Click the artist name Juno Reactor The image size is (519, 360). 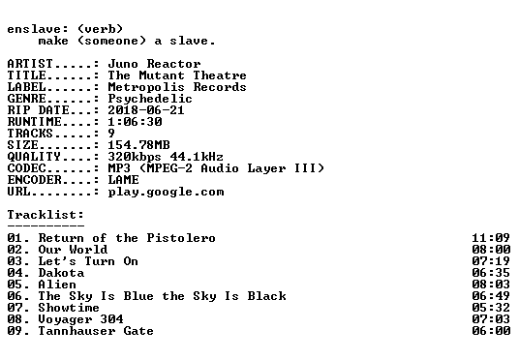154,64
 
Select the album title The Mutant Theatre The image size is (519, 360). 177,75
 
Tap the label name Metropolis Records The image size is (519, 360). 177,87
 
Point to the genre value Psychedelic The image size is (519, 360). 150,99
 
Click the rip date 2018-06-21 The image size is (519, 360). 146,110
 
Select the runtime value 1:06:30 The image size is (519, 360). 135,122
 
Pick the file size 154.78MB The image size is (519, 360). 138,145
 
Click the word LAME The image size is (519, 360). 124,180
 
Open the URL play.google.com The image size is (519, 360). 166,193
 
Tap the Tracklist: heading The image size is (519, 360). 46,215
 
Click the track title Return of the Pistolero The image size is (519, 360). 127,238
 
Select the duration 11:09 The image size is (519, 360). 491,238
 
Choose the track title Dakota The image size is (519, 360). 61,273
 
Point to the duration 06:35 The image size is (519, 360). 491,273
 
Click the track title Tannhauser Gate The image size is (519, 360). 96,331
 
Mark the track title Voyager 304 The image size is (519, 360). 80,319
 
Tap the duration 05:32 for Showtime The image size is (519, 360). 491,308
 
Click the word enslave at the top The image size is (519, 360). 34,29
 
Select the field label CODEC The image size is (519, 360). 26,168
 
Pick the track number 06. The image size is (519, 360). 15,296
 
